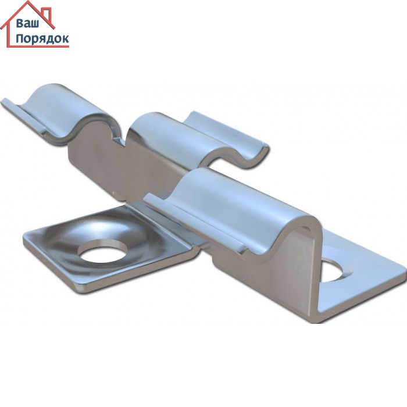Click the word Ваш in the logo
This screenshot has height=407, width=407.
(x=27, y=23)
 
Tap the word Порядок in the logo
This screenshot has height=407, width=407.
(x=42, y=39)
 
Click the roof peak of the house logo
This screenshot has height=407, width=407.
(x=27, y=2)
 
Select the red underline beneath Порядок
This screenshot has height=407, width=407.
(x=38, y=47)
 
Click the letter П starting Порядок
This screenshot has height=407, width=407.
(x=20, y=38)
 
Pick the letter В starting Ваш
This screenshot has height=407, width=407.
(x=20, y=23)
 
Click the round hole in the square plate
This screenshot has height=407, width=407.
(x=103, y=251)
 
